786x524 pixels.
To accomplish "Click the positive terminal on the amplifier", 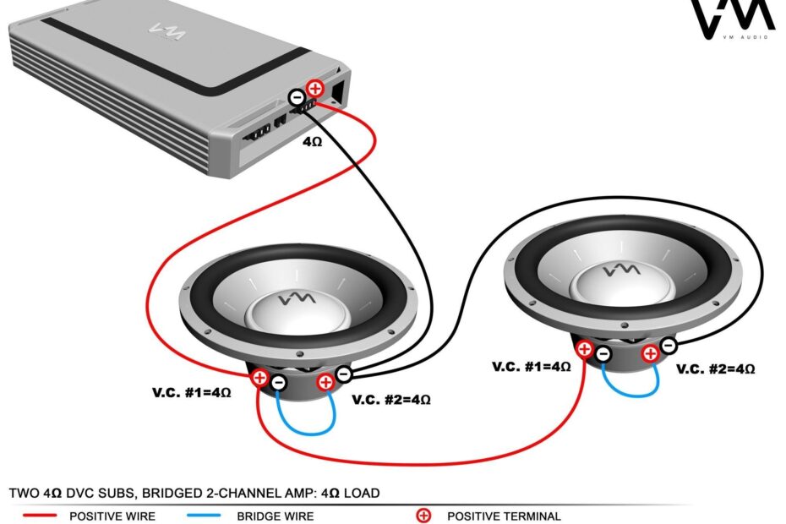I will [x=314, y=87].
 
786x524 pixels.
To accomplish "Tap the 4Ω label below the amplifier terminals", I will [x=313, y=142].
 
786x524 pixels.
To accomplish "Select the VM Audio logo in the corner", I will [x=732, y=20].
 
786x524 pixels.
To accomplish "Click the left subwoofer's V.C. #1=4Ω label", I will [x=191, y=393].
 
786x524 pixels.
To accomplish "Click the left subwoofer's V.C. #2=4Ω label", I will [x=390, y=399].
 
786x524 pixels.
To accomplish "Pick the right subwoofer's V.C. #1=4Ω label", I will [x=531, y=367].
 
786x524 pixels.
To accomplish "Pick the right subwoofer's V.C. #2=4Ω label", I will [x=715, y=368].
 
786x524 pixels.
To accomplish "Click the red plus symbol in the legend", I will [x=423, y=515].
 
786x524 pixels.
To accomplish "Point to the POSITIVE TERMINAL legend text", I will [x=504, y=516].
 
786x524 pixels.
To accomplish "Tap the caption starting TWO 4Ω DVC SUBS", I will [x=194, y=492].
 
